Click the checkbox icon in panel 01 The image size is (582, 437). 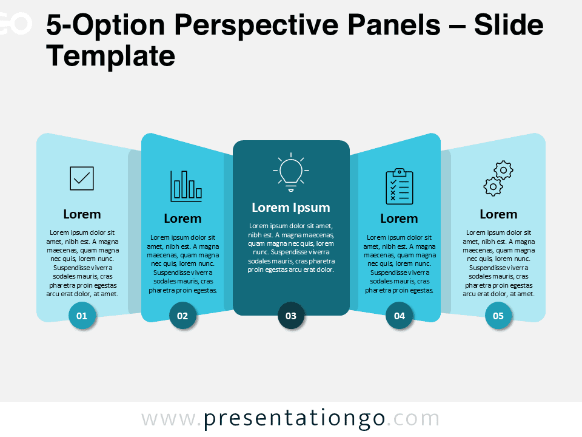pyautogui.click(x=82, y=178)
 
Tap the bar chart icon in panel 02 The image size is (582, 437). pyautogui.click(x=186, y=186)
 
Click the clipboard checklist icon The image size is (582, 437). pyautogui.click(x=400, y=186)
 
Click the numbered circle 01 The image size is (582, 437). pyautogui.click(x=82, y=316)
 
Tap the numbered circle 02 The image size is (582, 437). pyautogui.click(x=182, y=316)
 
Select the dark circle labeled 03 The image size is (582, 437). pyautogui.click(x=291, y=316)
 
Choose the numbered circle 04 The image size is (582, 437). pyautogui.click(x=400, y=316)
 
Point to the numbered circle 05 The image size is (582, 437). pyautogui.click(x=498, y=316)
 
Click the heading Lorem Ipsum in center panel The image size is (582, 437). pyautogui.click(x=291, y=208)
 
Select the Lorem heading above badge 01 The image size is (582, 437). pyautogui.click(x=82, y=214)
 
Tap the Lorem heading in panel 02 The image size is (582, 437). pyautogui.click(x=182, y=218)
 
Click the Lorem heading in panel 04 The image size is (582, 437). pyautogui.click(x=400, y=218)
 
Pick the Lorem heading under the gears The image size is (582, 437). pyautogui.click(x=498, y=214)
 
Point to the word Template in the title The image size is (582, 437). pyautogui.click(x=110, y=56)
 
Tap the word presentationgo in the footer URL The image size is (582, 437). pyautogui.click(x=294, y=419)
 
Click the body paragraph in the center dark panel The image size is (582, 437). pyautogui.click(x=291, y=248)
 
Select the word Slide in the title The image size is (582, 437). pyautogui.click(x=509, y=25)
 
